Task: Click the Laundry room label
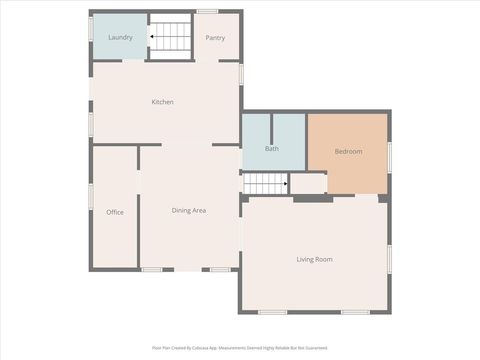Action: click(x=120, y=38)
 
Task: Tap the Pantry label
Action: click(x=215, y=38)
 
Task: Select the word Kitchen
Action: click(x=163, y=102)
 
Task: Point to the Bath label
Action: click(x=272, y=149)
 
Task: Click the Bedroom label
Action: click(x=348, y=151)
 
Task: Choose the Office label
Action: click(x=115, y=212)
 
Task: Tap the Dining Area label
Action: click(x=189, y=210)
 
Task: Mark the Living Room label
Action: click(x=314, y=259)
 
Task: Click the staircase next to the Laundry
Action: click(x=171, y=37)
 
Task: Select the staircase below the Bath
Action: click(x=266, y=183)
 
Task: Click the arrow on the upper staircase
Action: click(x=153, y=38)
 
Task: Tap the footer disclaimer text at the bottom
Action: click(x=240, y=348)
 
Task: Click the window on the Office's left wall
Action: click(x=91, y=196)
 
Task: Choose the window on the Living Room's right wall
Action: click(x=389, y=258)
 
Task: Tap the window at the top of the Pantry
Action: click(x=208, y=12)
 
